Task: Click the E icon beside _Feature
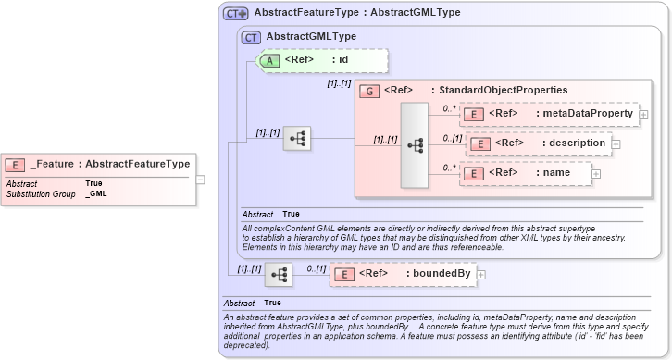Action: pos(16,165)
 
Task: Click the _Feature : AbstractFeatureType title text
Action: pos(109,165)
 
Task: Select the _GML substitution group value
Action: pos(95,194)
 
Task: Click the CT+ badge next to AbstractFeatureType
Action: pos(236,14)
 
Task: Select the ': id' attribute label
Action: pos(339,60)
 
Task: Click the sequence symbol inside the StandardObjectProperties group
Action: pos(414,145)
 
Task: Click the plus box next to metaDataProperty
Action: pos(643,115)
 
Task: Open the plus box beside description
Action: pos(616,144)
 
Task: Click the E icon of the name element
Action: pos(473,173)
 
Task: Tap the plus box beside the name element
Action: pos(596,174)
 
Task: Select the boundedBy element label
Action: pos(438,274)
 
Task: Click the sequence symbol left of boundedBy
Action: pos(278,274)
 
